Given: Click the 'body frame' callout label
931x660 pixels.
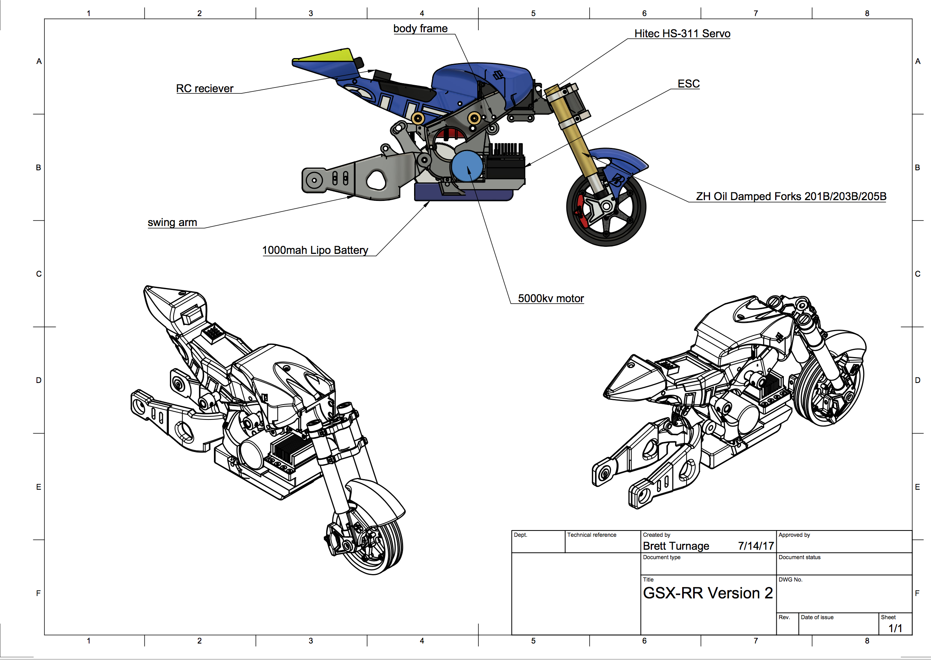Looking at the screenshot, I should [420, 28].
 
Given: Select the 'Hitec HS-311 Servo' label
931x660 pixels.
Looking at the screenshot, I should [682, 34].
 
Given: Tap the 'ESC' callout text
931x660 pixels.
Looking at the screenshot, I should [688, 84].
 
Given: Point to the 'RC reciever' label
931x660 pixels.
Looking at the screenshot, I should [204, 89].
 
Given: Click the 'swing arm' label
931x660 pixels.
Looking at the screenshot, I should [172, 223].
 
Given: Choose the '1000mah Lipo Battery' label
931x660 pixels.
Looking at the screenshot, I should [315, 250].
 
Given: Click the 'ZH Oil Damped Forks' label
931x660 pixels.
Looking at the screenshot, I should [791, 197].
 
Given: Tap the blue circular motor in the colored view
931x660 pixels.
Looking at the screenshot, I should [467, 166].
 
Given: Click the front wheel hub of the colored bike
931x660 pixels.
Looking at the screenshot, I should [606, 206].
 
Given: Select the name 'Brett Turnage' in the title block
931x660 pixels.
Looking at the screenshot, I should [676, 546].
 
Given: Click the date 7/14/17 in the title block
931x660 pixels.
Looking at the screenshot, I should [756, 546].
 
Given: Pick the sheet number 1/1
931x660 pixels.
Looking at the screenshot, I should [895, 628].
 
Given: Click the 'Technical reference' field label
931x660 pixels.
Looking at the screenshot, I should [591, 535].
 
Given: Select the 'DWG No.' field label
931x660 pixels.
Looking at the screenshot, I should [790, 580].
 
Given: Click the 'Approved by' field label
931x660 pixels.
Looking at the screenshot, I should [794, 535].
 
